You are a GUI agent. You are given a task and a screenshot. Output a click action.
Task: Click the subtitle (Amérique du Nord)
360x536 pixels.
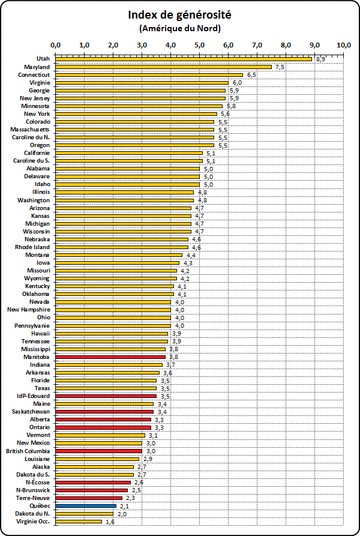point(179,28)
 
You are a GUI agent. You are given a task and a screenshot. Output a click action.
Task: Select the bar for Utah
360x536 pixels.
point(184,59)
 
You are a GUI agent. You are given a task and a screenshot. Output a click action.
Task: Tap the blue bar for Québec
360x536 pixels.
point(86,506)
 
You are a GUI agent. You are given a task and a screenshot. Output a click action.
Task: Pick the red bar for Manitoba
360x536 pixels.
point(110,357)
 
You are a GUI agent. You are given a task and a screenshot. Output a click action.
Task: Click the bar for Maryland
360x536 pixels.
point(163,67)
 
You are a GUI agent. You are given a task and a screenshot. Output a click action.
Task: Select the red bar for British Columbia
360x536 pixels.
point(99,451)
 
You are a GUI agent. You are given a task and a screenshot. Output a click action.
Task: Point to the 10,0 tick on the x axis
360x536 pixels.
point(343,45)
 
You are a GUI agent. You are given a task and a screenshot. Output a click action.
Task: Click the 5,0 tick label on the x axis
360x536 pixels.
point(199,45)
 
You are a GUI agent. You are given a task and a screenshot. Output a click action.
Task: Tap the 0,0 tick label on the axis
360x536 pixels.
point(56,45)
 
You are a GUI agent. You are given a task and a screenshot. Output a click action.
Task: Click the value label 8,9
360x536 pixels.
point(321,59)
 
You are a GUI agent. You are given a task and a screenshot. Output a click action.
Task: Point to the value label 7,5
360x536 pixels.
point(280,67)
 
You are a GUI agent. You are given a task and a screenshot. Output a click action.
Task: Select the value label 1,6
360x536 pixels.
point(110,522)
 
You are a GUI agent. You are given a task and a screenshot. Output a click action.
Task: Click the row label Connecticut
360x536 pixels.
point(34,74)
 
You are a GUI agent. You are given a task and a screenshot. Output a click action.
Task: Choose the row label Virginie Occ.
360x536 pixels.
point(33,522)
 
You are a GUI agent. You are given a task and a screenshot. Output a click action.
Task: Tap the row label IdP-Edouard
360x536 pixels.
point(34,396)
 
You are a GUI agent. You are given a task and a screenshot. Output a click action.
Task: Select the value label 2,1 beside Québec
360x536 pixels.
point(124,507)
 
